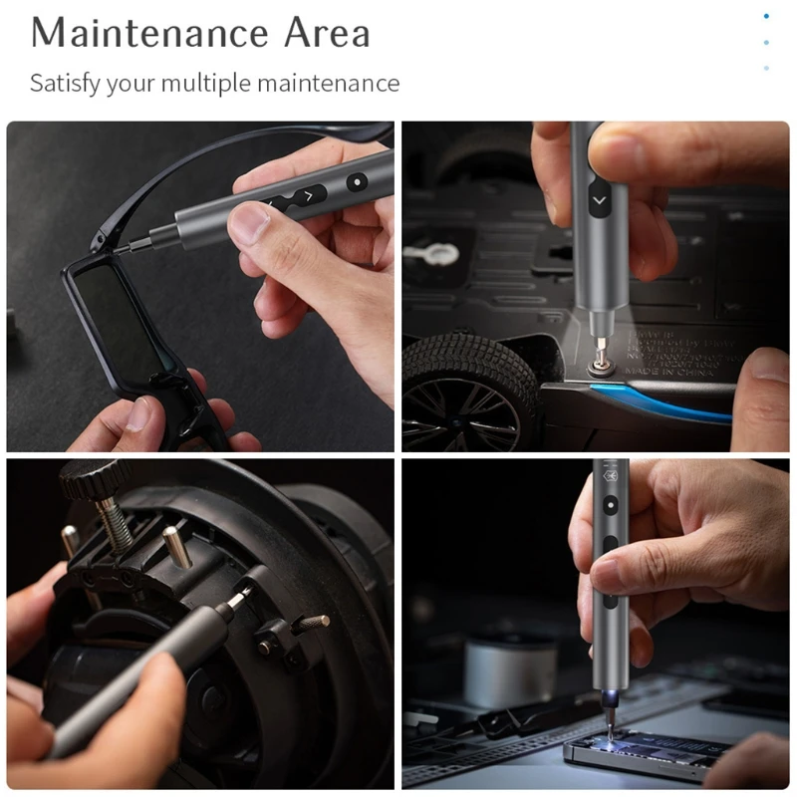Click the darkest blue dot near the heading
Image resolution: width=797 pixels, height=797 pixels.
click(766, 16)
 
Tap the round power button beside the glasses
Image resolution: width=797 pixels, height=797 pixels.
click(356, 182)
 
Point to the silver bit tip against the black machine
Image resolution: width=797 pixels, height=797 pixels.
click(240, 598)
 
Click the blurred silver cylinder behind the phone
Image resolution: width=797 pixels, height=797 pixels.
click(509, 668)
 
